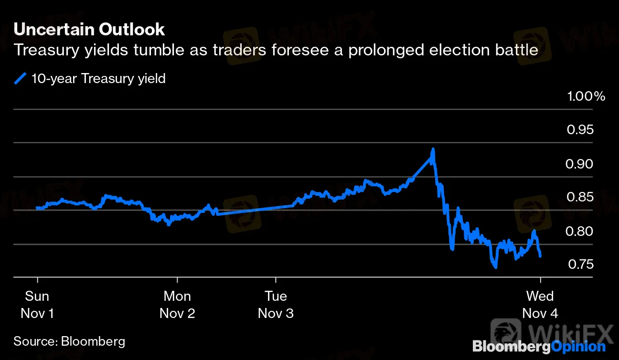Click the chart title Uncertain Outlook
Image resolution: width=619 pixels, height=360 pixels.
pos(89,30)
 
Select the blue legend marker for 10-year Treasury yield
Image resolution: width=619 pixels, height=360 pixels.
pos(21,78)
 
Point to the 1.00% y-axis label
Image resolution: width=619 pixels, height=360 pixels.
pos(586,96)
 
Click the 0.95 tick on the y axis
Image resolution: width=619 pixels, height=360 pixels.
pos(580,130)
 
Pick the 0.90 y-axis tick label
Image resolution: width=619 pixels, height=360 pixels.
pos(580,164)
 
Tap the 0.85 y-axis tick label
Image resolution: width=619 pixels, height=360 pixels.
pos(580,197)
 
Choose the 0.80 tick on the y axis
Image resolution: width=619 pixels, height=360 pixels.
pos(580,231)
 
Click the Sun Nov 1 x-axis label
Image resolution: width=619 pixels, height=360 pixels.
pos(37,305)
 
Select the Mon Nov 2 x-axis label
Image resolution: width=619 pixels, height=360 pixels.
pos(177,305)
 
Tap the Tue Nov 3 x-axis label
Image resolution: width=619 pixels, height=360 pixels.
pos(276,305)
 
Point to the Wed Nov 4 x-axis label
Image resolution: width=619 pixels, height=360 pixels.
pos(540,305)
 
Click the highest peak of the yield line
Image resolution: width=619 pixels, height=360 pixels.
pos(433,149)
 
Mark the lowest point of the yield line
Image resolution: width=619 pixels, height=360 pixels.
pos(495,267)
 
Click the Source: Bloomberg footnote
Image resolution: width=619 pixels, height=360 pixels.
pos(69,341)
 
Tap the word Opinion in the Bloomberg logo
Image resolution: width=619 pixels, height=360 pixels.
pos(578,347)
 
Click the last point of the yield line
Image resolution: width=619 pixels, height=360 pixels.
pos(540,256)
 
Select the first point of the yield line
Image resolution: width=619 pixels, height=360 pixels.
pos(37,208)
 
